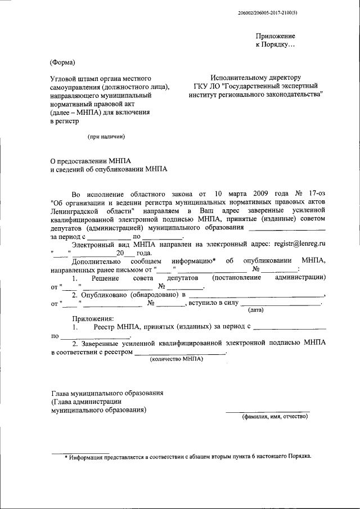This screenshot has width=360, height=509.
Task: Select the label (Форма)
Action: [x=62, y=62]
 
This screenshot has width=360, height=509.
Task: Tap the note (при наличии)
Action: [x=105, y=136]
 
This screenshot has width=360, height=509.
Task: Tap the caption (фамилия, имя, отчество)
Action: [x=274, y=417]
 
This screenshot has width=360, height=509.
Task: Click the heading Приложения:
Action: [x=93, y=318]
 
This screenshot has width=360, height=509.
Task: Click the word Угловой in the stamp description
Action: [x=64, y=77]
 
